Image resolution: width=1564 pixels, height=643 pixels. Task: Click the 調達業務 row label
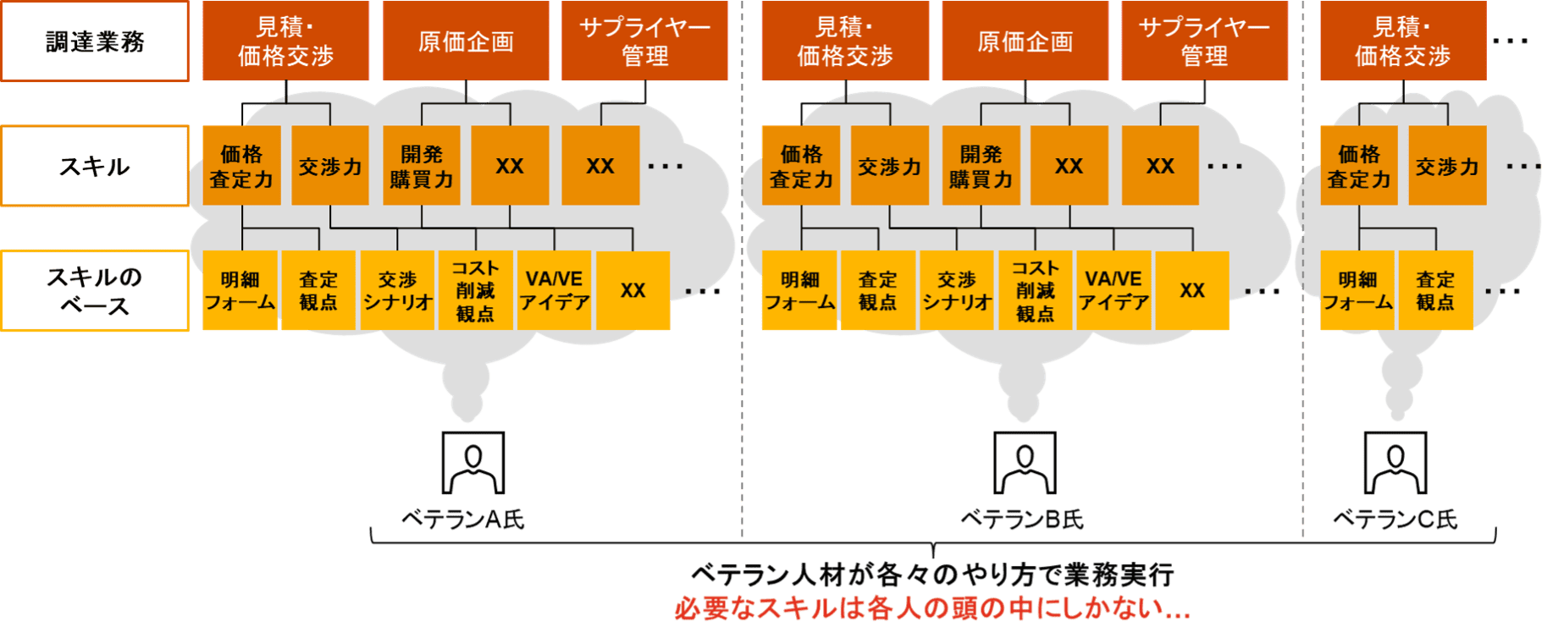point(95,41)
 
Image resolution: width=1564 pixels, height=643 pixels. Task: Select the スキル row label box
point(95,166)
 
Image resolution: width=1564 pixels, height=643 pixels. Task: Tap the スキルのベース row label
point(95,290)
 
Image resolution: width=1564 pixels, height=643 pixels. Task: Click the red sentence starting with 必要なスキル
point(932,608)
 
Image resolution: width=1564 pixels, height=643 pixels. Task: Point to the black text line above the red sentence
point(932,575)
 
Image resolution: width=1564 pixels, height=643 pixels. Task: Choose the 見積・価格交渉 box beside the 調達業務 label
point(285,41)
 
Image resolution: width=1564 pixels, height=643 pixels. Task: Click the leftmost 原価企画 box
point(466,41)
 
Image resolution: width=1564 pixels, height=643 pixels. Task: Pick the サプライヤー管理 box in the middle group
point(1204,41)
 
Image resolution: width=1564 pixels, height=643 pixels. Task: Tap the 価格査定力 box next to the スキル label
point(241,166)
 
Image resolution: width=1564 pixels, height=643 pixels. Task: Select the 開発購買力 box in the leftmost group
point(422,166)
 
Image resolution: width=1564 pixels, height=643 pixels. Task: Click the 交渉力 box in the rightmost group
point(1447,166)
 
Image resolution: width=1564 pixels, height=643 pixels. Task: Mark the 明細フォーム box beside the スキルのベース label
point(240,290)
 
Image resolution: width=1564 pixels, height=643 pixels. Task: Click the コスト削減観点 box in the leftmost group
point(475,290)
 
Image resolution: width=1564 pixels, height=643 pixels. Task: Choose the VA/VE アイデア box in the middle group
point(1114,290)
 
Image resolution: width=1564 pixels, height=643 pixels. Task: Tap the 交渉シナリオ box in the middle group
point(957,290)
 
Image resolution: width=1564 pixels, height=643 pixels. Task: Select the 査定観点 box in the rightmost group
point(1435,290)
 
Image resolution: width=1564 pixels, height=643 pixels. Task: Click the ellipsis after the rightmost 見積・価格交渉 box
point(1511,41)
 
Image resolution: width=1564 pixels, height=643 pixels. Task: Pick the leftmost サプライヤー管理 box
point(644,41)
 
